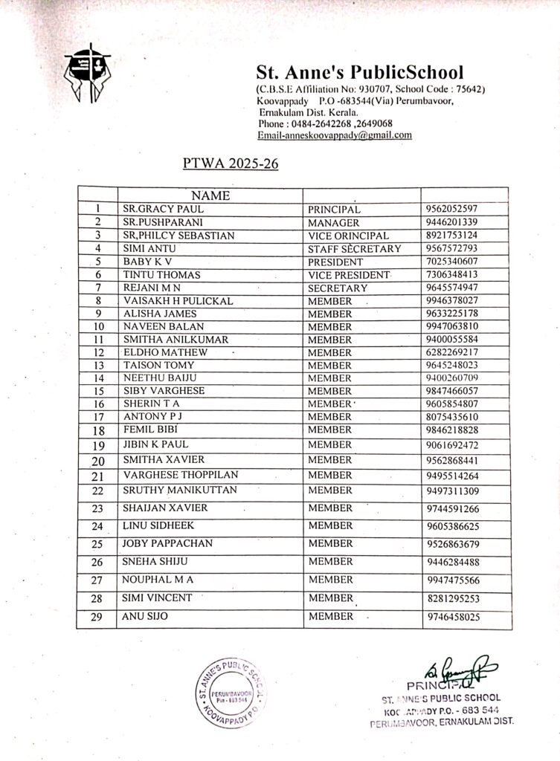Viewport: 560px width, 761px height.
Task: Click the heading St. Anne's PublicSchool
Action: click(359, 73)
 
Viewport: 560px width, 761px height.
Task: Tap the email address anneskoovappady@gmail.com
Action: click(335, 135)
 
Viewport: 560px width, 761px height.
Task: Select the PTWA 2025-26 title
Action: click(231, 163)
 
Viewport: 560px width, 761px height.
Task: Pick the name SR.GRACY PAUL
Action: click(153, 209)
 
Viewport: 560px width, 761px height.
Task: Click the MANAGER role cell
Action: click(333, 222)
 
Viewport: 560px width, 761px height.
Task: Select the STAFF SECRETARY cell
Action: click(354, 248)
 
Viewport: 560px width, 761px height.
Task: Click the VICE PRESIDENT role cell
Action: click(348, 275)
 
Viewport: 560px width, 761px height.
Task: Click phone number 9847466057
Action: click(452, 391)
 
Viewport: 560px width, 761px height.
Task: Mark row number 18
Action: click(97, 430)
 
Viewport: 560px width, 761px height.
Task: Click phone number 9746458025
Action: click(454, 617)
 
